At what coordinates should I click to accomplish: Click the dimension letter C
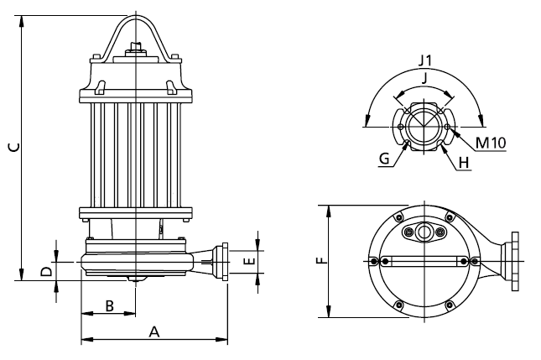click(14, 148)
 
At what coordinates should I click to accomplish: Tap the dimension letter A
click(154, 332)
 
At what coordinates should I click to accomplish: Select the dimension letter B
click(109, 306)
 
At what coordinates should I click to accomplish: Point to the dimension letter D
click(46, 271)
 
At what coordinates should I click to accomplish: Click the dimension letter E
click(249, 261)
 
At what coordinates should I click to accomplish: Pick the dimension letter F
click(321, 260)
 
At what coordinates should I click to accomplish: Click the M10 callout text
click(491, 143)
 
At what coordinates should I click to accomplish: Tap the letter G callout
click(384, 159)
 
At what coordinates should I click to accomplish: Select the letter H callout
click(464, 163)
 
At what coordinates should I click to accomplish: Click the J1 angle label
click(425, 60)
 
